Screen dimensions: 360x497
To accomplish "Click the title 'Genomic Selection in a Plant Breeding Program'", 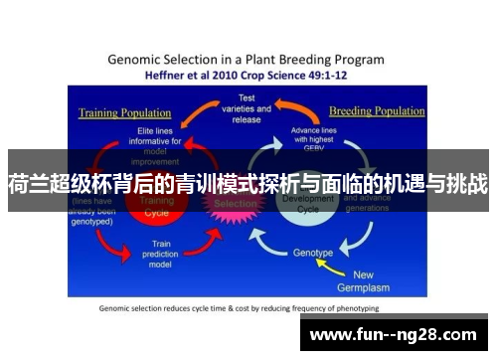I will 247,59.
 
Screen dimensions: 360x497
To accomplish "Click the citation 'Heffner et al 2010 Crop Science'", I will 247,75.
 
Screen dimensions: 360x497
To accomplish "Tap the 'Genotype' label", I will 313,253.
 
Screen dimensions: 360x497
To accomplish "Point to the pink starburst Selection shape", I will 236,203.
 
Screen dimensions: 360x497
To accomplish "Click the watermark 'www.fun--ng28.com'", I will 393,333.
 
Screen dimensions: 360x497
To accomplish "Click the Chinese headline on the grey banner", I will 248,184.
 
